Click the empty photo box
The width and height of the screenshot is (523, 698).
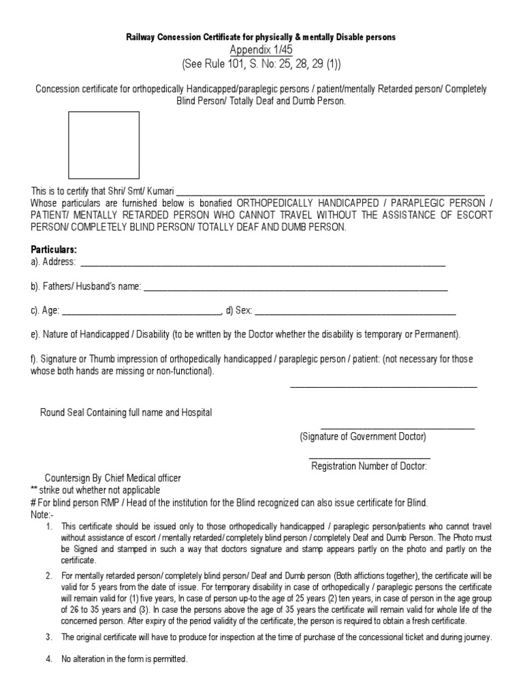103,145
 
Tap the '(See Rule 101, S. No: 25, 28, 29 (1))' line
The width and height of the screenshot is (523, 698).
261,64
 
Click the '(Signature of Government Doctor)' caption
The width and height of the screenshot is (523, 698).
363,436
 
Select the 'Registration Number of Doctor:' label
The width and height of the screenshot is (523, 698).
369,466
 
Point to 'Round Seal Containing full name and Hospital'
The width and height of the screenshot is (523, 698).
126,412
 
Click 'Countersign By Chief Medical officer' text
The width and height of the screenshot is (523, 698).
113,479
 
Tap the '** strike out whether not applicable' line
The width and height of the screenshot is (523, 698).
95,490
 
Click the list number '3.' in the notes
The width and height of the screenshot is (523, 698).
49,637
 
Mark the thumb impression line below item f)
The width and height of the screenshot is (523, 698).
383,387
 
